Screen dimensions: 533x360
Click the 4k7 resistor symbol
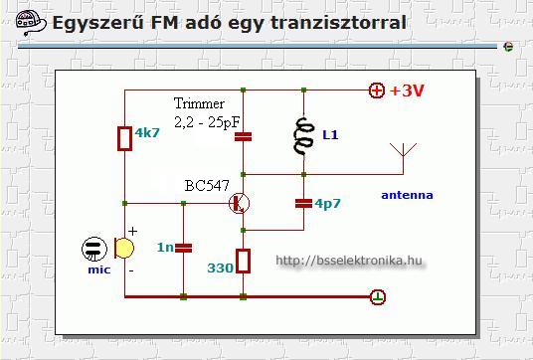(124, 138)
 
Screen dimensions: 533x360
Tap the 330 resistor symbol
(243, 262)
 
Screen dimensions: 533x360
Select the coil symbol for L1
(303, 136)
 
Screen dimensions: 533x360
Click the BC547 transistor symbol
(240, 203)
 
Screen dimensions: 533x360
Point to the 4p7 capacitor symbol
(303, 203)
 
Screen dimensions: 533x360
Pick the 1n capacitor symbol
(184, 248)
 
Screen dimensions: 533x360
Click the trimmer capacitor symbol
(243, 136)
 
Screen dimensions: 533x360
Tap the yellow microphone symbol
(123, 249)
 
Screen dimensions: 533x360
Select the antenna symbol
(403, 158)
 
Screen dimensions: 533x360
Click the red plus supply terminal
(377, 90)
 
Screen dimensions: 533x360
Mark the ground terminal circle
(378, 296)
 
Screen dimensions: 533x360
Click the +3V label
(408, 90)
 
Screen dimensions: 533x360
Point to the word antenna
(408, 195)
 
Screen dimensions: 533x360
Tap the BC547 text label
(207, 186)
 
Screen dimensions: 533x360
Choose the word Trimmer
(199, 103)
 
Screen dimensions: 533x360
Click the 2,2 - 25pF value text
(208, 122)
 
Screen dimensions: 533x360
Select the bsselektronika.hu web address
(349, 261)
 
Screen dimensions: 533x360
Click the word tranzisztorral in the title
(338, 23)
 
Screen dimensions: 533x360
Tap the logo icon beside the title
(31, 23)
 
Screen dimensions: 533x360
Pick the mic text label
(99, 270)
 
